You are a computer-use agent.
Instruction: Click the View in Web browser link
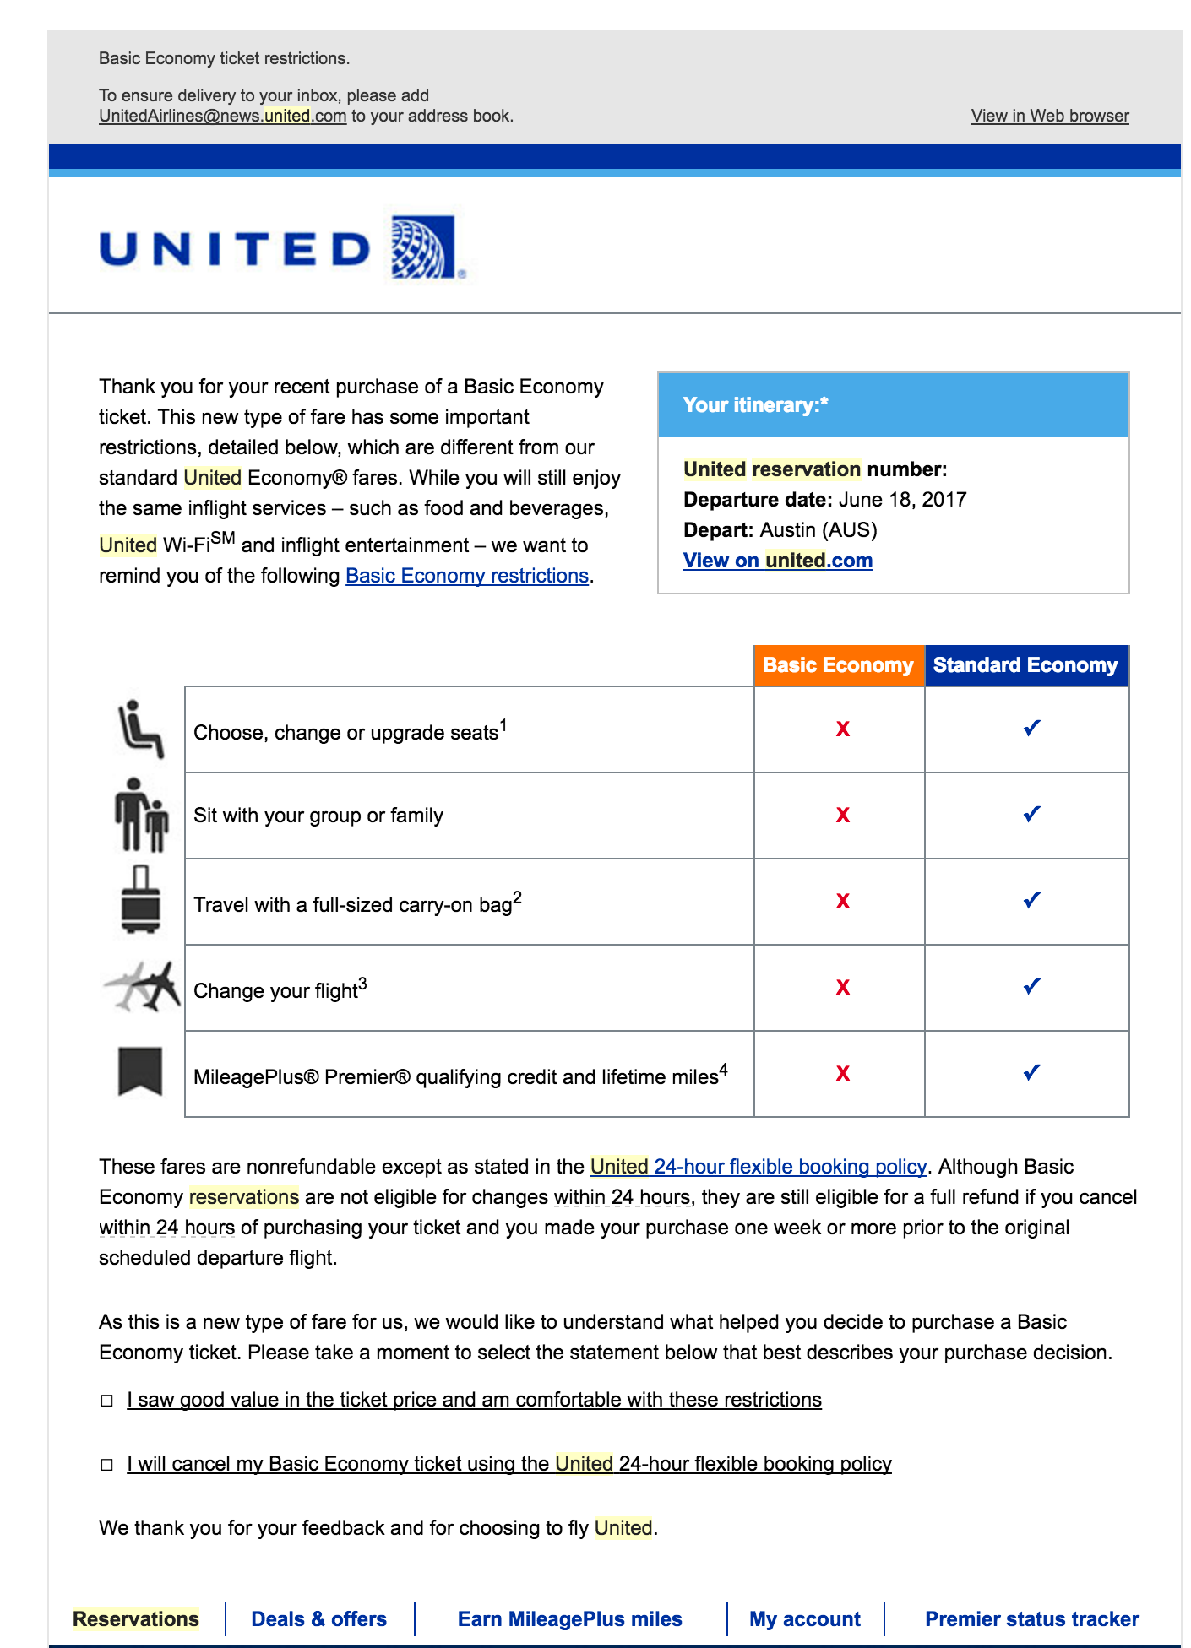point(1049,116)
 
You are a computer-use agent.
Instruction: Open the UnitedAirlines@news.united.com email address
point(222,116)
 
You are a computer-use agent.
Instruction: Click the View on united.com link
point(777,561)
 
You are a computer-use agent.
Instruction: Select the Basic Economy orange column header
point(838,665)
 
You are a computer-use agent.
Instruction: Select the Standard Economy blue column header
point(1025,665)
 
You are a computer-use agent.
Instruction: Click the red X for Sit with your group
point(842,815)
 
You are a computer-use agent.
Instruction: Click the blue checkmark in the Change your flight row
point(1031,986)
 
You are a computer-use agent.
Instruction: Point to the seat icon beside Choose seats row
point(139,728)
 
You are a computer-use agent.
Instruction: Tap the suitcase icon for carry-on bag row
point(140,899)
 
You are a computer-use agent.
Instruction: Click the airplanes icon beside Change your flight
point(142,985)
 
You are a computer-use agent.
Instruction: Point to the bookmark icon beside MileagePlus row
point(140,1071)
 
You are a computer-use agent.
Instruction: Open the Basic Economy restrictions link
point(466,576)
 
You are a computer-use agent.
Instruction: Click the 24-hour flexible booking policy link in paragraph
point(758,1167)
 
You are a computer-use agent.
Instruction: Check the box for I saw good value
point(107,1401)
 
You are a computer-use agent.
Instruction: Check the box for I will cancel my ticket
point(107,1465)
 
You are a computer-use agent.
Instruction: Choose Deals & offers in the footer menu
point(318,1618)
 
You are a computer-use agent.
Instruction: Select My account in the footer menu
point(804,1618)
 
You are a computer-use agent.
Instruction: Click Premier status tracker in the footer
point(1031,1618)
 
